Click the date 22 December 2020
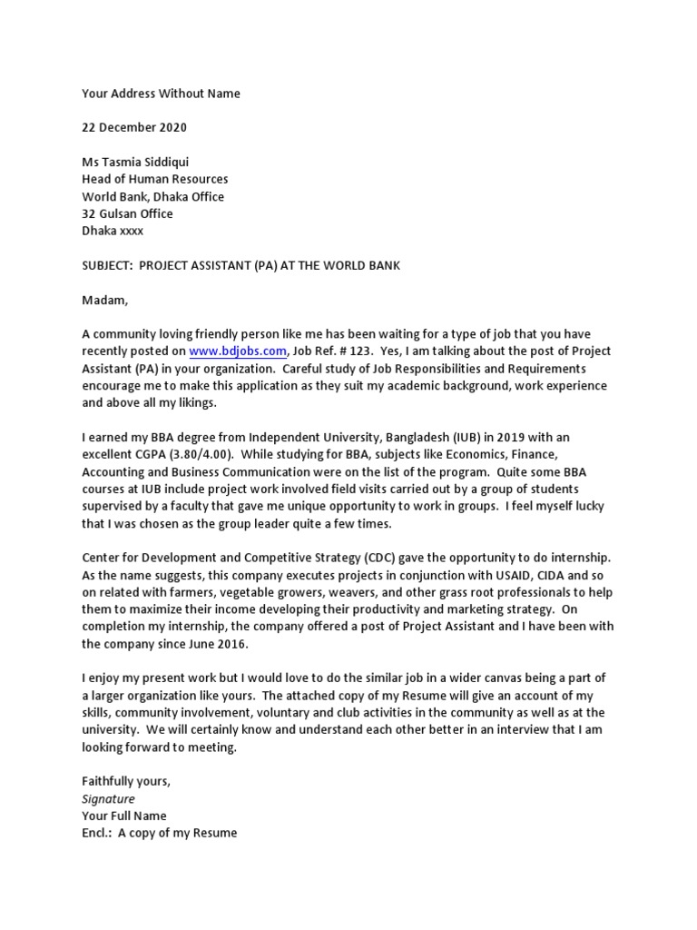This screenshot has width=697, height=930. point(134,128)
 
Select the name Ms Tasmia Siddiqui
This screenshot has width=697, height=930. point(135,163)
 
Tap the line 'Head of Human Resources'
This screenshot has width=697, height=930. point(155,180)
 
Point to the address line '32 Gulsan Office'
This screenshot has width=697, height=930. point(127,214)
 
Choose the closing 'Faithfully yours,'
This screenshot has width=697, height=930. point(126,782)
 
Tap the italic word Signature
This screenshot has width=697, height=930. point(108,799)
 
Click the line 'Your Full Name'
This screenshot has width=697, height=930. point(124,816)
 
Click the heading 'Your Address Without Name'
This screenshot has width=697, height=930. point(162,94)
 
